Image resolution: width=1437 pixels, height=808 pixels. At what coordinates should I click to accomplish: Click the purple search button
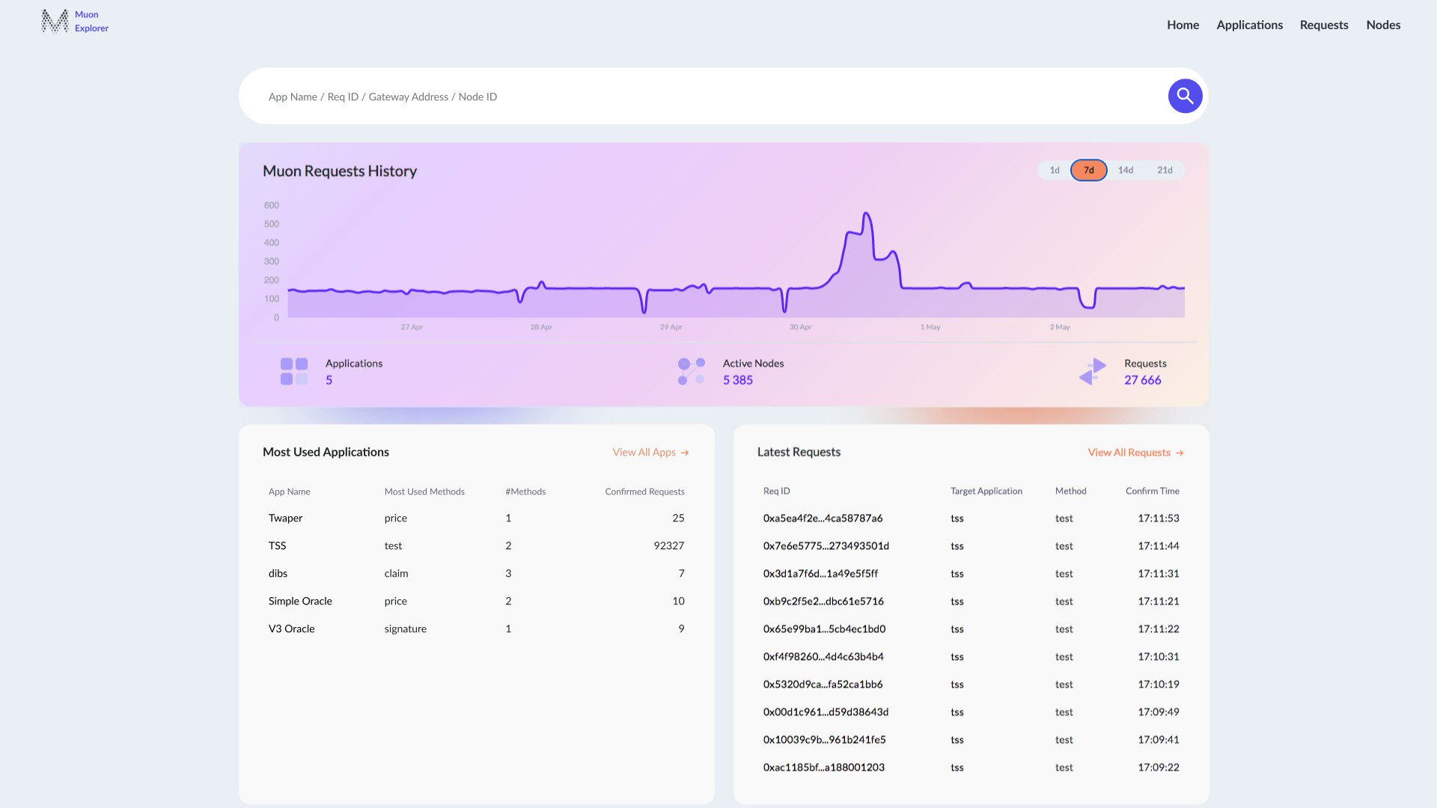[x=1185, y=96]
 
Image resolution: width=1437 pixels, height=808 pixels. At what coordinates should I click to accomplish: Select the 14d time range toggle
[x=1126, y=170]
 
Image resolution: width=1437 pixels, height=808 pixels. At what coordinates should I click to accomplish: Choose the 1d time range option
[x=1055, y=170]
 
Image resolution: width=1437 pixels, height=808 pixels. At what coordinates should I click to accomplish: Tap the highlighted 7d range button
[x=1089, y=170]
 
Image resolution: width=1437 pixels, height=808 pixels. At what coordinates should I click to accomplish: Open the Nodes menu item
[x=1383, y=25]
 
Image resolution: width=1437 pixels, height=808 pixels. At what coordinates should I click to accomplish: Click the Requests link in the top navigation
[x=1323, y=25]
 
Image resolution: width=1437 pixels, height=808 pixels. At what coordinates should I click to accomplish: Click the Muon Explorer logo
[x=75, y=21]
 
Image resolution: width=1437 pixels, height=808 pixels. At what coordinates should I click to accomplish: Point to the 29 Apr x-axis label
[x=671, y=327]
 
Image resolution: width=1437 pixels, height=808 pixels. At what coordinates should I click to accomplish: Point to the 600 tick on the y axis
[x=271, y=205]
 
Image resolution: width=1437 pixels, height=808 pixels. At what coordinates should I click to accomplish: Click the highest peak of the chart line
[x=866, y=214]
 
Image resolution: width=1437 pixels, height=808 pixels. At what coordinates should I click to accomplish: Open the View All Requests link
[x=1135, y=452]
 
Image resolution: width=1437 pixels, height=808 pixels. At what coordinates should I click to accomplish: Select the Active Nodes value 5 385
[x=737, y=380]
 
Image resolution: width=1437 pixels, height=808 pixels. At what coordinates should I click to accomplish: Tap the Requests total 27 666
[x=1142, y=380]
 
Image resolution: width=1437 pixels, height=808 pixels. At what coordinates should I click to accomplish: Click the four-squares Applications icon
[x=294, y=371]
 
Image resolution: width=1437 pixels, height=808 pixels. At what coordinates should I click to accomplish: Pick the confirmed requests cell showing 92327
[x=668, y=545]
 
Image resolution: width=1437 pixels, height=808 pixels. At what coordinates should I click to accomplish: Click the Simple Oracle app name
[x=300, y=601]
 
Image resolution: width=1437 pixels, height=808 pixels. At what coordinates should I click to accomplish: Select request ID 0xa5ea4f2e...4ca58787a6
[x=823, y=518]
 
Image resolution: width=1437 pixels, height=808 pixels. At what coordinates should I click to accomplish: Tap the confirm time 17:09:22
[x=1158, y=767]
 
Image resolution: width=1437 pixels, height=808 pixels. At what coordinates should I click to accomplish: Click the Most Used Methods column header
[x=424, y=492]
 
